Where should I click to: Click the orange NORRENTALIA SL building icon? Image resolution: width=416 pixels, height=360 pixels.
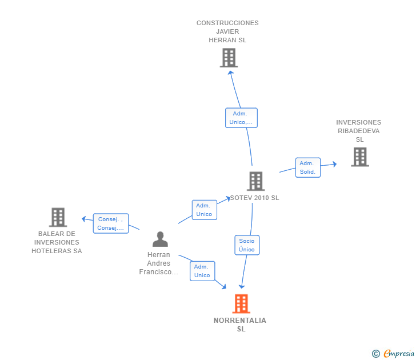[241, 303]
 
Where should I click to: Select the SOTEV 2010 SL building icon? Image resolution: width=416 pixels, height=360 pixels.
[255, 181]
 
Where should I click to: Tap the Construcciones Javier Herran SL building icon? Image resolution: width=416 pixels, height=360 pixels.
[229, 58]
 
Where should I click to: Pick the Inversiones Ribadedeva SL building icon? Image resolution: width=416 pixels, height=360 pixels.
[359, 157]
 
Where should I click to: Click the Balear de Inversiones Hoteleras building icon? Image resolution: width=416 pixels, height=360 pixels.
[58, 217]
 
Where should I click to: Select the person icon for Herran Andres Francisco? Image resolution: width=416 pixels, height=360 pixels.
[160, 239]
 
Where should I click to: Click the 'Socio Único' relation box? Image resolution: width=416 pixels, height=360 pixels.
[247, 245]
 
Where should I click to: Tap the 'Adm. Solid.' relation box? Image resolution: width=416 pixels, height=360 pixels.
[307, 167]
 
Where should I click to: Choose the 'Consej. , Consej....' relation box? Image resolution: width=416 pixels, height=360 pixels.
[111, 223]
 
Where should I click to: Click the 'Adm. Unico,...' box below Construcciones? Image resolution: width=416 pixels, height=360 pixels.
[241, 118]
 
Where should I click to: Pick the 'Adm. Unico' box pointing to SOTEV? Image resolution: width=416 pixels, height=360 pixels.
[204, 210]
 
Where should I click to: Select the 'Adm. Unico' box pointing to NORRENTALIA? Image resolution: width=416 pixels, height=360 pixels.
[202, 271]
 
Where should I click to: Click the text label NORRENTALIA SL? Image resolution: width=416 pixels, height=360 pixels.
[240, 325]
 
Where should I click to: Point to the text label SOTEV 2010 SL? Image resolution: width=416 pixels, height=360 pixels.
[254, 198]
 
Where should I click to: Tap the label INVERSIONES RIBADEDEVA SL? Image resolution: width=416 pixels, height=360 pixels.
[358, 131]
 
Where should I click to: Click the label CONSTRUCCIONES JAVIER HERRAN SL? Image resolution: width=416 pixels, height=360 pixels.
[227, 31]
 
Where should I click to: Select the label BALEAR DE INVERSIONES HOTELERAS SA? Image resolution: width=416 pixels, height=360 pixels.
[57, 242]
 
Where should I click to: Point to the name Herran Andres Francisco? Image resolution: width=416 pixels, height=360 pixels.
[159, 263]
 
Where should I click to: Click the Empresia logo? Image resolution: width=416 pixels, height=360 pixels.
[399, 354]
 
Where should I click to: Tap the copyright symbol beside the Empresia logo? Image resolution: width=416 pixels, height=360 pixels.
[375, 354]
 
